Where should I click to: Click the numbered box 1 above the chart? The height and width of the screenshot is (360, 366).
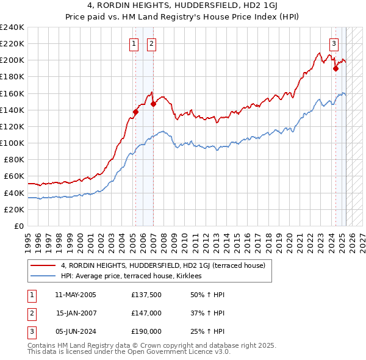(x=134, y=43)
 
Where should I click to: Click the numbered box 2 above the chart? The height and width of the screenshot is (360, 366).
(x=151, y=43)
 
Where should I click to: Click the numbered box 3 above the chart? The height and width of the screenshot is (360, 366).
(x=334, y=43)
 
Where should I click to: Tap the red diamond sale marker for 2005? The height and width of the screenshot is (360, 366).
(x=135, y=112)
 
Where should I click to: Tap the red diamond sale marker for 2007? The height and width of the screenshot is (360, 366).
(x=154, y=104)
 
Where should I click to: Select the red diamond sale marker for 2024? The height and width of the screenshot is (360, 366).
(x=335, y=68)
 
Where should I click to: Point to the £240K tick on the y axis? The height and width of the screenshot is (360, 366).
(x=12, y=27)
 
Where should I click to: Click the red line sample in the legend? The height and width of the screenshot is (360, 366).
(x=43, y=266)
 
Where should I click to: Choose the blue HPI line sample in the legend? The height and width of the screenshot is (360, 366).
(x=43, y=276)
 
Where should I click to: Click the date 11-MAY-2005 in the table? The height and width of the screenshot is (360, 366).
(x=76, y=295)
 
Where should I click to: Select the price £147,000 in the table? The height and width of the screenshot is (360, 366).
(x=146, y=314)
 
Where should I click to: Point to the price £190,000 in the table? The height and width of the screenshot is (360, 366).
(x=146, y=332)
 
